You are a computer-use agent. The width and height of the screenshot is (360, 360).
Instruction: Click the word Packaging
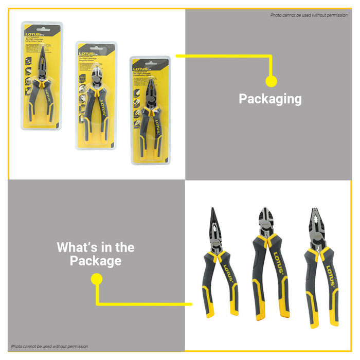[270, 99]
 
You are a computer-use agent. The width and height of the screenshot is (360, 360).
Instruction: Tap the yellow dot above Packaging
[271, 81]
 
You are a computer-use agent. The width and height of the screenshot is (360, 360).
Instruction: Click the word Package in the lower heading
[96, 261]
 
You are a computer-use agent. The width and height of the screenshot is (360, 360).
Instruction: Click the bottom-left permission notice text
[50, 347]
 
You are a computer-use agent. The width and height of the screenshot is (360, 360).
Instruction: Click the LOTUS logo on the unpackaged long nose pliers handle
[227, 273]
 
